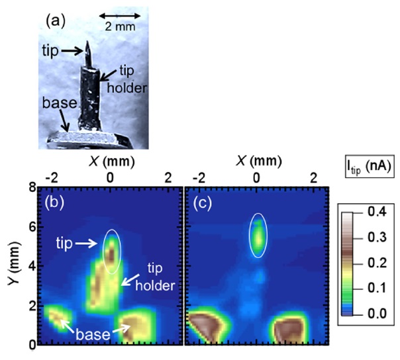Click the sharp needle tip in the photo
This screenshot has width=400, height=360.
coord(87,48)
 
